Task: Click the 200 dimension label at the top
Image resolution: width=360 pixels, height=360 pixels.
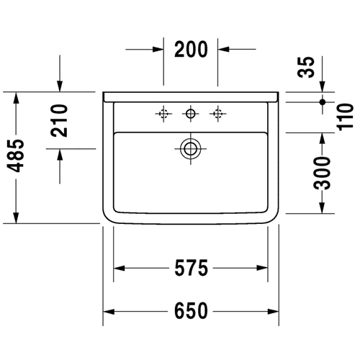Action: tap(191, 49)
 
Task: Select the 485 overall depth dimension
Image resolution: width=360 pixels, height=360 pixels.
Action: tap(16, 156)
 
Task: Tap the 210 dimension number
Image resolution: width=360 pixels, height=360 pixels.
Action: tap(59, 120)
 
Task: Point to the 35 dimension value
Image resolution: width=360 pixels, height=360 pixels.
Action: tap(306, 67)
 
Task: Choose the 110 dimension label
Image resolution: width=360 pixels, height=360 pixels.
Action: tap(346, 117)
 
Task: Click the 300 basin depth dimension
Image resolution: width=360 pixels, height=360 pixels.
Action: tap(322, 173)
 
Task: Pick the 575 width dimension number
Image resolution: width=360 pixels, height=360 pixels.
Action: tap(191, 268)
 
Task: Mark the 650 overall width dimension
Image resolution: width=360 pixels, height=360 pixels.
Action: tap(191, 311)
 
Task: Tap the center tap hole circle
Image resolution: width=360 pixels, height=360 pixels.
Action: tap(191, 113)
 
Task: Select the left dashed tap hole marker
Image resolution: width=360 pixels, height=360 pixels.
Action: tap(163, 114)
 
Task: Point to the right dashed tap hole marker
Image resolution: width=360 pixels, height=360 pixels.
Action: tap(217, 114)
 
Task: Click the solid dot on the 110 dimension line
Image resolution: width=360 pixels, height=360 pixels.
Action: tap(323, 102)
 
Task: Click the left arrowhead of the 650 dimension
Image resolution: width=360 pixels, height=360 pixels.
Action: tap(109, 312)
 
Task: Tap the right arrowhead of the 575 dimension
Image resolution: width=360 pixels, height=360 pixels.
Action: tap(262, 268)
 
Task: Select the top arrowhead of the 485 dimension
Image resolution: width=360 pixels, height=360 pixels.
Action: tap(16, 98)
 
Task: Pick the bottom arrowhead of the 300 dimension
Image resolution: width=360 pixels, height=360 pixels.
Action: tap(322, 208)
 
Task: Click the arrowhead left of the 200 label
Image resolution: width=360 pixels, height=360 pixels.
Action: tap(158, 50)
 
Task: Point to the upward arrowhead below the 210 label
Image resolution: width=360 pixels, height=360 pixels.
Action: tap(60, 155)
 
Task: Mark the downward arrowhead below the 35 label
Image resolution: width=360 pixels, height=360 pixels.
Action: tap(323, 86)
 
